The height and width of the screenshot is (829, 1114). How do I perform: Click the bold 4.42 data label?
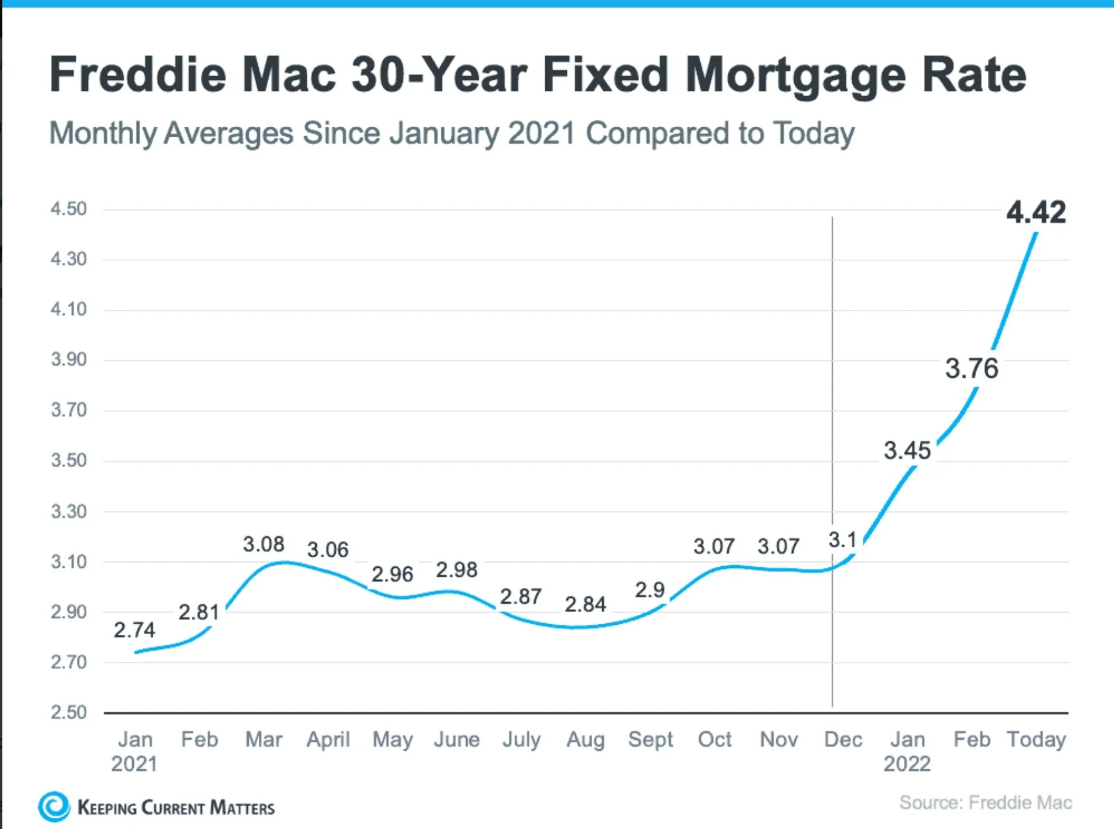coord(1036,212)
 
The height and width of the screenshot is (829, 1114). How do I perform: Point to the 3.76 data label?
coord(971,368)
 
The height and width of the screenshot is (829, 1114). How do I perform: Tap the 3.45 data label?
coord(907,451)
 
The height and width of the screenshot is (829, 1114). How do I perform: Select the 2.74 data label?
coord(134,630)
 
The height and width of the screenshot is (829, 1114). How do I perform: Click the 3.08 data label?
coord(264,544)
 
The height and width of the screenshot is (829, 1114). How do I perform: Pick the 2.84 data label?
coord(585,604)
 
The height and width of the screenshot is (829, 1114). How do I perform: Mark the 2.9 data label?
coord(650,590)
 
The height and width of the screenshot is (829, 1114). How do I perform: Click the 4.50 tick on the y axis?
coord(69,209)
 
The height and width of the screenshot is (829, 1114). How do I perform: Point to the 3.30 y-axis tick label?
coord(69,512)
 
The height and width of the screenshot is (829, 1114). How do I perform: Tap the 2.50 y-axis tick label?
coord(69,712)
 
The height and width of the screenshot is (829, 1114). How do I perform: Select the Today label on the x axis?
coord(1036,739)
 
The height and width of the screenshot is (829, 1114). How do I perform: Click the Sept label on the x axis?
coord(650,739)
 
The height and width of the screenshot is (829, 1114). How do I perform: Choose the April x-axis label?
coord(328,739)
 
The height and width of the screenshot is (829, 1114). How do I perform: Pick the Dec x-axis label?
coord(843,739)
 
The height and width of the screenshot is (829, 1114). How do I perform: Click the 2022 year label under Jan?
coord(907,764)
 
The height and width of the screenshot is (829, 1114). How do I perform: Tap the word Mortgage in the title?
coord(795,75)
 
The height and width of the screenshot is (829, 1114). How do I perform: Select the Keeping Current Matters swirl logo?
coord(54,807)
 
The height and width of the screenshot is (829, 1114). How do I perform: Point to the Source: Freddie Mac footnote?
coord(985,803)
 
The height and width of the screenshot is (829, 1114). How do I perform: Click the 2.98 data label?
coord(457,570)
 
